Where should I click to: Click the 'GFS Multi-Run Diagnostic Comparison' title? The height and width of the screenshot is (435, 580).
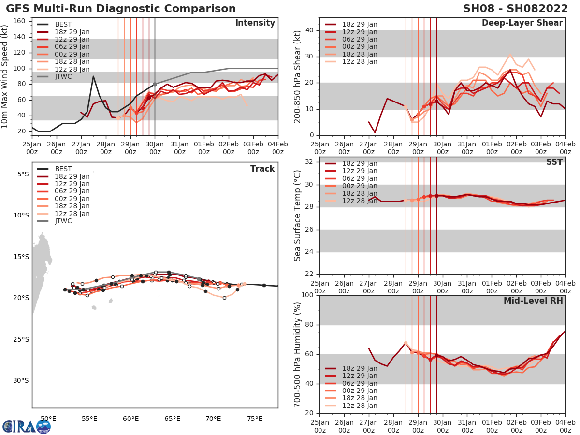click(121, 9)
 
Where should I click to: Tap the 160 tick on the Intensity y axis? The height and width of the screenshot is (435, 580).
click(22, 21)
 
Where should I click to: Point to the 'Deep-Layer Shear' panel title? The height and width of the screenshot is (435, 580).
click(522, 23)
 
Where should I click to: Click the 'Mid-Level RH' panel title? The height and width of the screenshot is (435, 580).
click(533, 301)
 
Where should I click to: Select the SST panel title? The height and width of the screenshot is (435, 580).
click(554, 162)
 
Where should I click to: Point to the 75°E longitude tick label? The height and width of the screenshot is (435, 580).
click(254, 418)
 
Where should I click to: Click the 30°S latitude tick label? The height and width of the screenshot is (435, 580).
click(21, 380)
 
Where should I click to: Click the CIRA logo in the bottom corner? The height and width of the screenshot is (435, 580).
click(27, 426)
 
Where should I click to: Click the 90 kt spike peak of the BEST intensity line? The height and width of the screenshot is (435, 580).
click(93, 76)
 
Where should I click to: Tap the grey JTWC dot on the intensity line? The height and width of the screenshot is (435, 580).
click(155, 84)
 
